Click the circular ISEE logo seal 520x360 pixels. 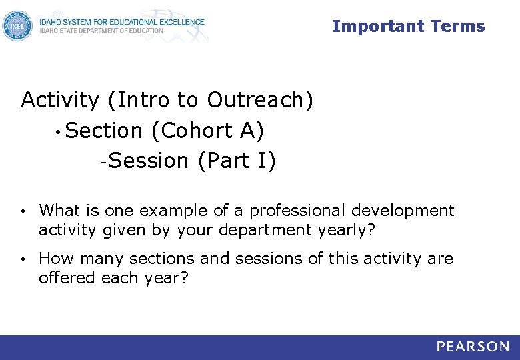pos(17,26)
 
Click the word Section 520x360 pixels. pos(105,131)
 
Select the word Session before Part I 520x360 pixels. pos(148,161)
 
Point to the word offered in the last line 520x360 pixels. pos(67,277)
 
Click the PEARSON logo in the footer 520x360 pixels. pos(473,347)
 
